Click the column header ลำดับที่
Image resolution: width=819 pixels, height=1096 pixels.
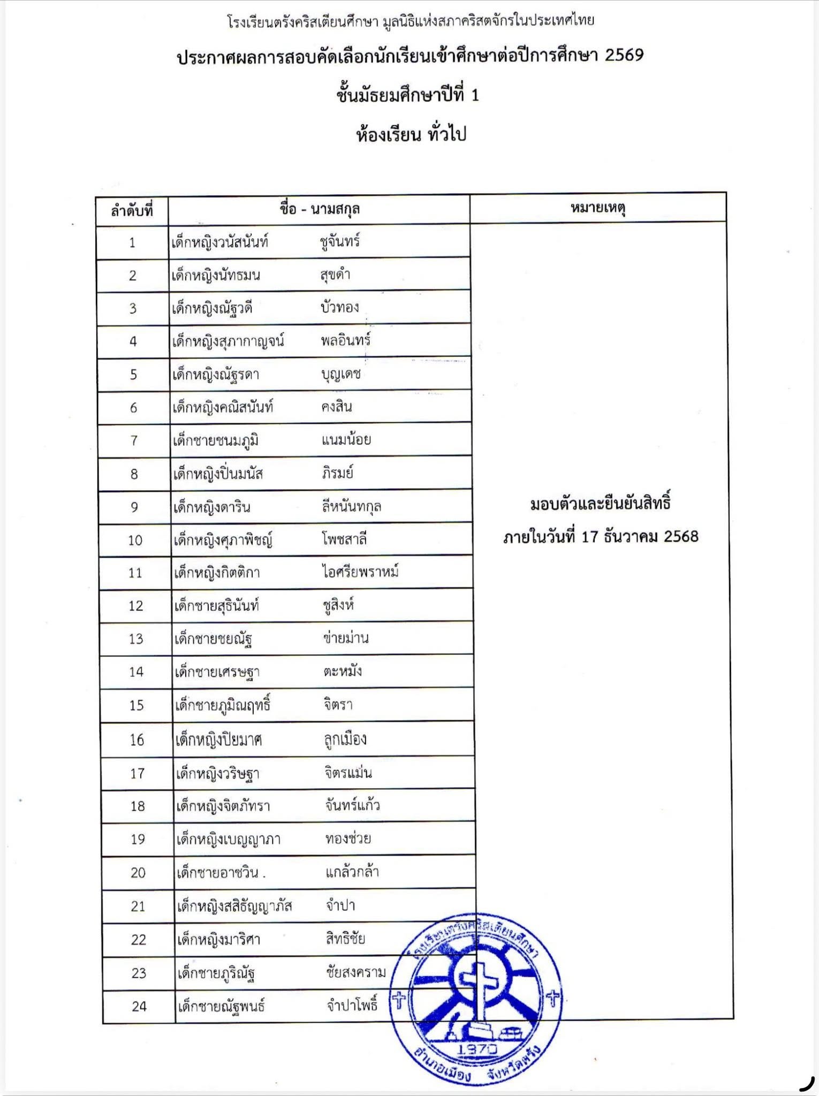pos(132,211)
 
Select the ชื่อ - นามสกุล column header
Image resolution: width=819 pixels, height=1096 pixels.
pos(320,209)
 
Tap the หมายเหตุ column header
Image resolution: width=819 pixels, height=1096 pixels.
pos(598,208)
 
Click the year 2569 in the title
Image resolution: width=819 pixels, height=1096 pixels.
pos(624,55)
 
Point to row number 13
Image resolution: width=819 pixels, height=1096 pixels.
pos(136,639)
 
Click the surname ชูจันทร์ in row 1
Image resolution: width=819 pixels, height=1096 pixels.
pos(340,241)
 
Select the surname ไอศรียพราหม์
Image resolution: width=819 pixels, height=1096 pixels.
pos(360,572)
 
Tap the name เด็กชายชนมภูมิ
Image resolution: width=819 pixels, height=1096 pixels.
pos(216,440)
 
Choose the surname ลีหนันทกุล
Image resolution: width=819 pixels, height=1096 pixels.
pos(351,506)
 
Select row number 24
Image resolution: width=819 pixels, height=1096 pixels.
pos(139,1007)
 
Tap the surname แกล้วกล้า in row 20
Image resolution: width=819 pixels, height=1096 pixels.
pos(352,872)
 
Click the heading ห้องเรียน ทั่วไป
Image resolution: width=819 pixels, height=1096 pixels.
pos(411,134)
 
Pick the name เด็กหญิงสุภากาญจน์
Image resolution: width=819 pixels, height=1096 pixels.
pos(227,341)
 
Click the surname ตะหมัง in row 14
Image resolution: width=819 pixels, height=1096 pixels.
pos(342,671)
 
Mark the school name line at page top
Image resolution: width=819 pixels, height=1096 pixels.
pos(411,21)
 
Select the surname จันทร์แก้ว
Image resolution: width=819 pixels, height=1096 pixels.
pos(352,805)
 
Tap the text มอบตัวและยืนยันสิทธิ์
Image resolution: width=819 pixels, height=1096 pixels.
pos(600,504)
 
